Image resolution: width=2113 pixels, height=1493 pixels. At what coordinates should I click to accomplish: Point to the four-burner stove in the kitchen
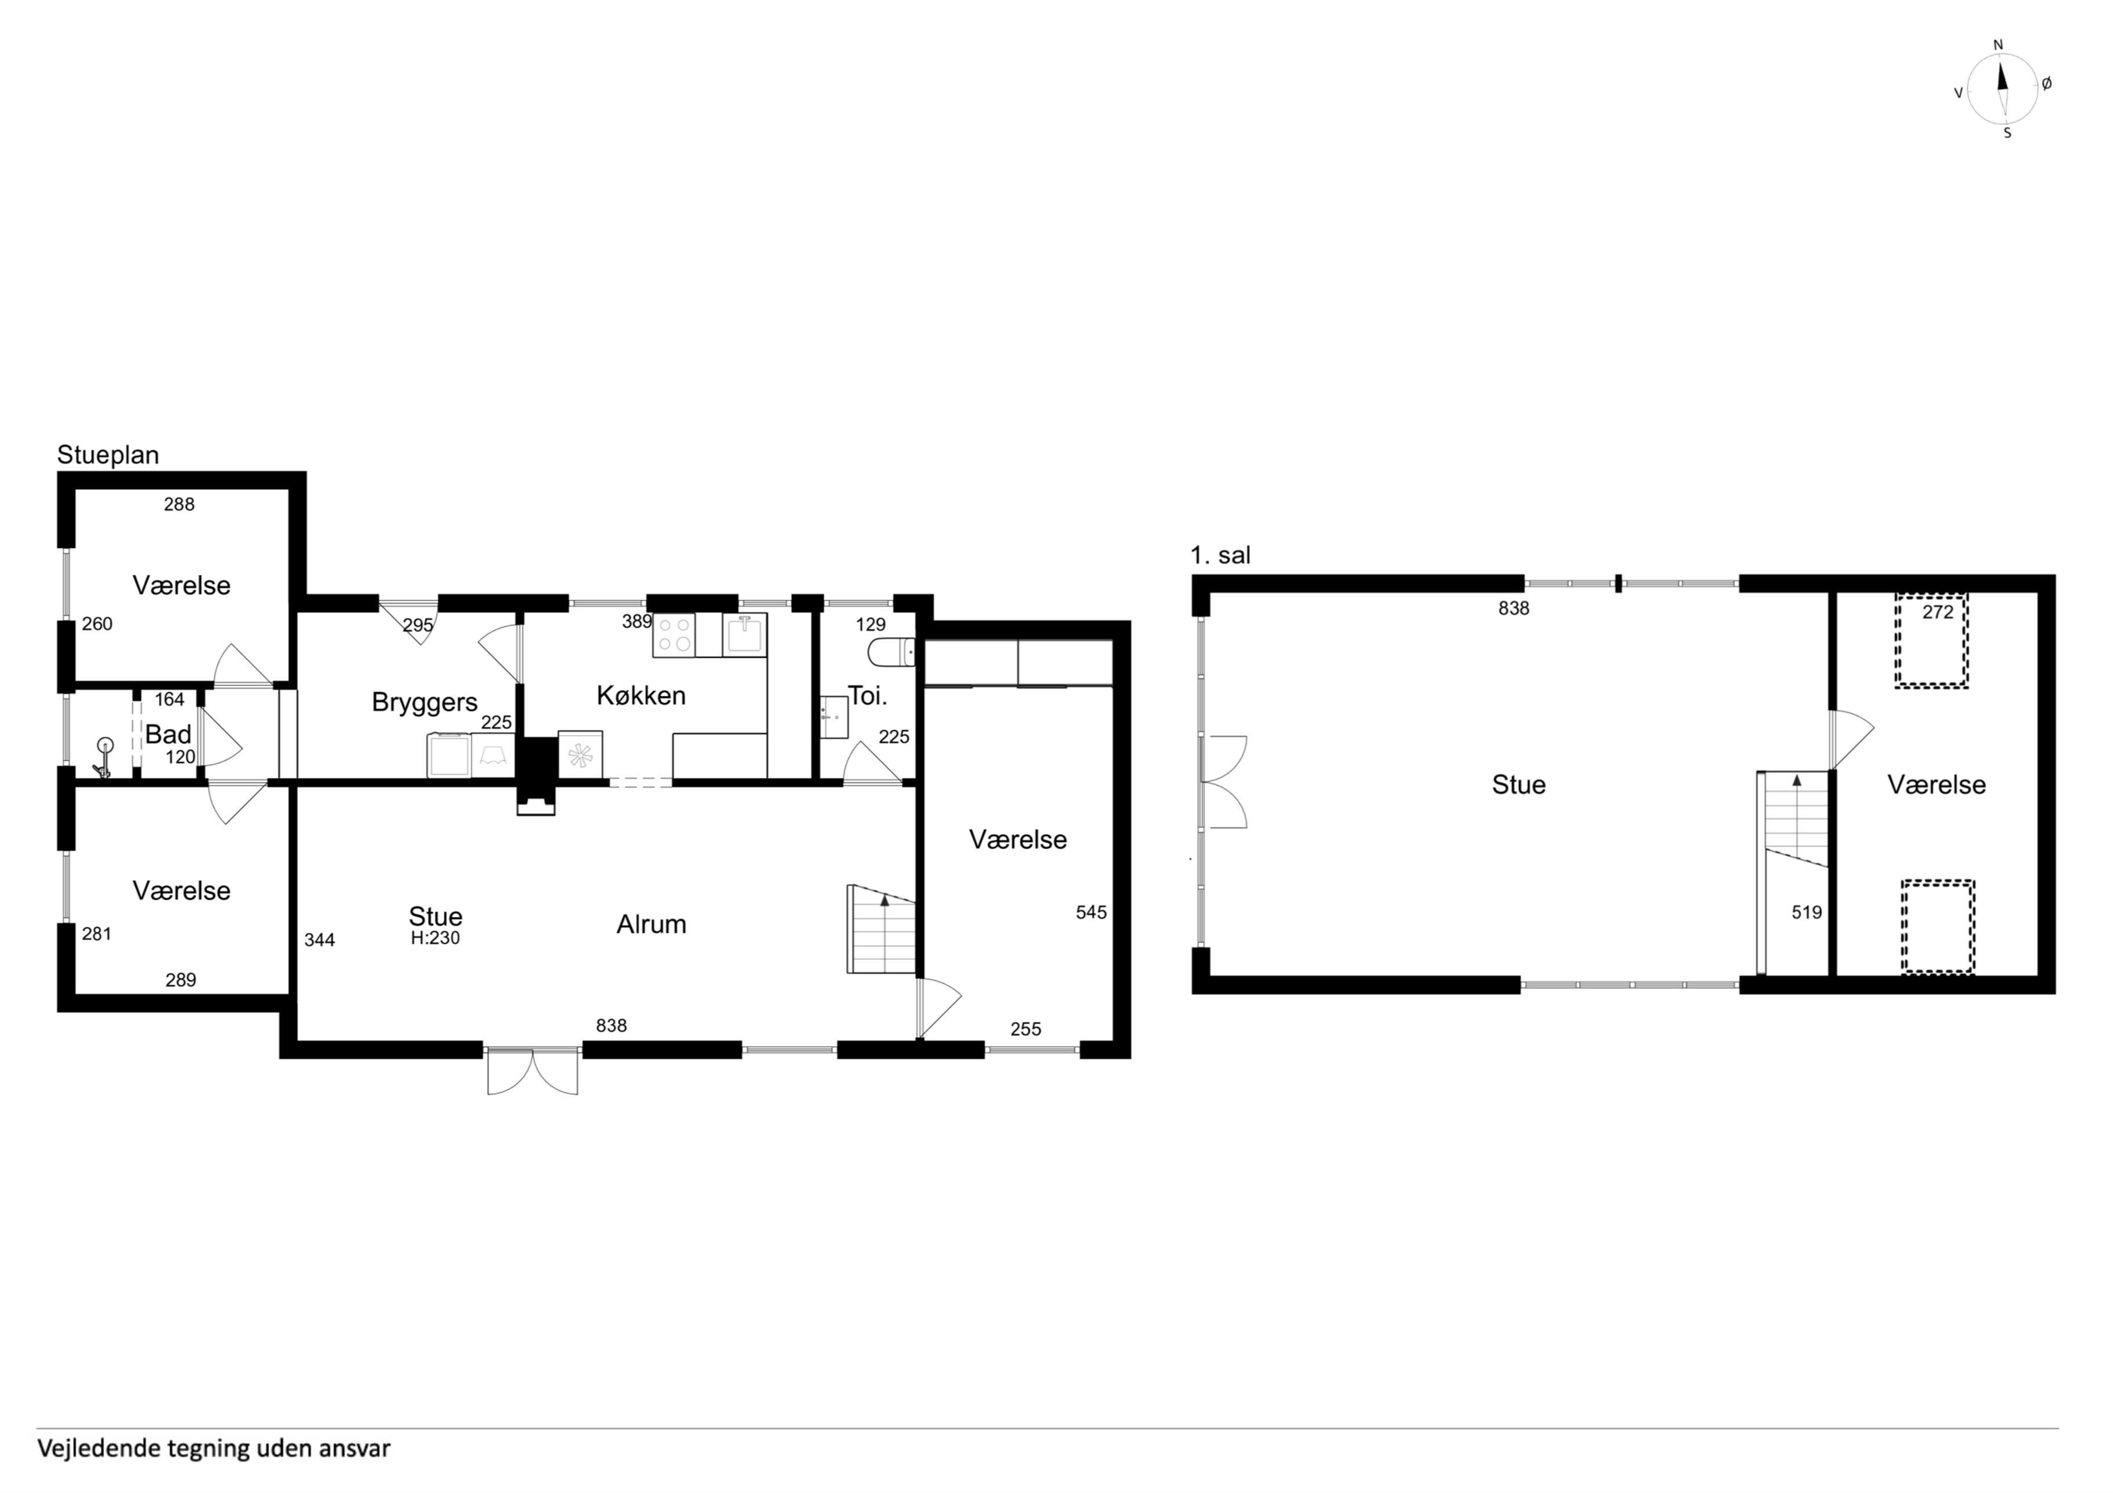pos(674,634)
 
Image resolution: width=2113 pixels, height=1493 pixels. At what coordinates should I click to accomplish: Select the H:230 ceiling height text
pos(436,938)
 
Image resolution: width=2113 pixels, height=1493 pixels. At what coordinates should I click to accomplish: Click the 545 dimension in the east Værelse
pos(1091,912)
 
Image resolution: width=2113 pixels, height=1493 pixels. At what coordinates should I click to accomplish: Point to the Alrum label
pos(652,925)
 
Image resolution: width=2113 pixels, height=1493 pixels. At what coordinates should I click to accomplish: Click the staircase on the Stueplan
pos(882,929)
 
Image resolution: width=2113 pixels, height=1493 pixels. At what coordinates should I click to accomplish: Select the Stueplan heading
pos(108,456)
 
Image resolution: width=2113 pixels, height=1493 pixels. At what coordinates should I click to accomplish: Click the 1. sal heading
pos(1220,556)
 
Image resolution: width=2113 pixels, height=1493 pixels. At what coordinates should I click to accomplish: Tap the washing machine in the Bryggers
pos(449,755)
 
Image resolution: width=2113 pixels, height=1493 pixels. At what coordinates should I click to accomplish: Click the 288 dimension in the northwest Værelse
pos(180,504)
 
